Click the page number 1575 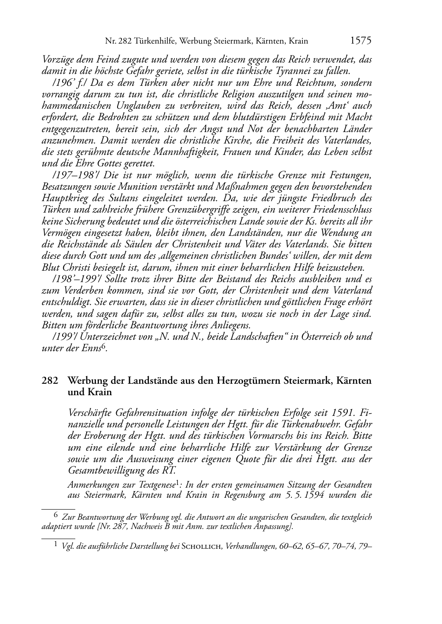[361, 41]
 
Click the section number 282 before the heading [50, 381]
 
